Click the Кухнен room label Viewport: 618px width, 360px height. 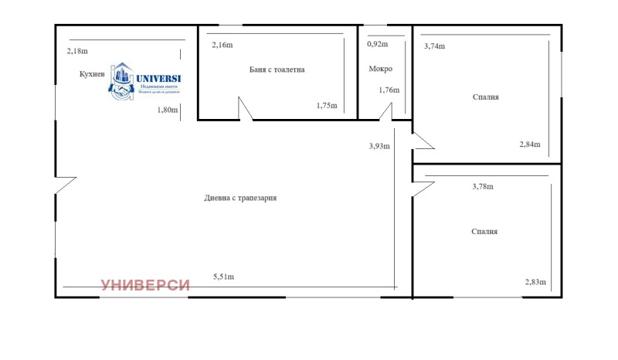pos(91,75)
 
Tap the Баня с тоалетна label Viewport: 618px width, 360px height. pos(277,70)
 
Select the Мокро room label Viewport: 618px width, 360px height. pos(380,69)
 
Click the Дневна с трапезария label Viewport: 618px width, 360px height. pos(240,198)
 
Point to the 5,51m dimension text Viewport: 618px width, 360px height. pos(223,277)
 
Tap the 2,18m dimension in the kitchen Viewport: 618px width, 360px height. pos(77,51)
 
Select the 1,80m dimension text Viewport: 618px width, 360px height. pos(168,110)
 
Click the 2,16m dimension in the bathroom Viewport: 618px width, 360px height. pos(222,46)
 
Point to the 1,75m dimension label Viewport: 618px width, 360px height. pos(327,106)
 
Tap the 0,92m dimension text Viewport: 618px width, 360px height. pos(378,44)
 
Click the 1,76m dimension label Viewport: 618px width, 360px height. pos(389,90)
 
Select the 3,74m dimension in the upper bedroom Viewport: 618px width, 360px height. pos(435,46)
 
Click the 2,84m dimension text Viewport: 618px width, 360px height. pos(529,144)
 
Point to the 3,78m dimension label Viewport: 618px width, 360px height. pos(482,186)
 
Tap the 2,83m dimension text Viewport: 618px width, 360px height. pos(535,282)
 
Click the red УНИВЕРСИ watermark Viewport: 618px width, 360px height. pos(145,285)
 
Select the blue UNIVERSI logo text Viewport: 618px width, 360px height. pos(158,77)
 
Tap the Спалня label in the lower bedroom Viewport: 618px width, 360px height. pos(484,231)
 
